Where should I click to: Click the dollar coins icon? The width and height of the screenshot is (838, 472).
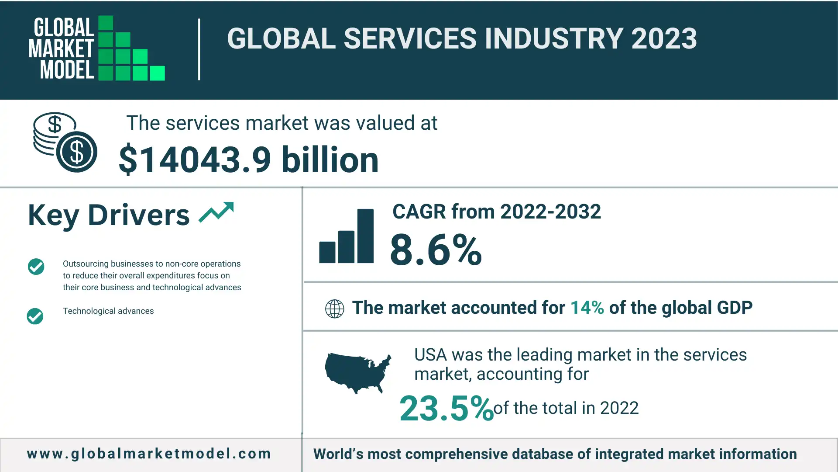click(x=65, y=142)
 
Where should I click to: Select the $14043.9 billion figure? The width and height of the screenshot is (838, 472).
click(x=248, y=160)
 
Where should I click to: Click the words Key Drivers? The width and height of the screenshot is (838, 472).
click(x=109, y=215)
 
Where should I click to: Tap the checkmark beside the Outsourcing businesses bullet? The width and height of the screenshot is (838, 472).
click(x=36, y=267)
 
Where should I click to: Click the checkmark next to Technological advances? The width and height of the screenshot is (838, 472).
click(x=35, y=316)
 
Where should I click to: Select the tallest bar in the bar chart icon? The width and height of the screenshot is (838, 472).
click(x=365, y=236)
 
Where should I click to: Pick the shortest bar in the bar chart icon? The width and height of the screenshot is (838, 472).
click(x=327, y=252)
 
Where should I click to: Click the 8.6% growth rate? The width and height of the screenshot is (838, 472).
click(x=436, y=250)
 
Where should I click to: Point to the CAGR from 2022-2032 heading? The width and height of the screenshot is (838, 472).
click(x=496, y=212)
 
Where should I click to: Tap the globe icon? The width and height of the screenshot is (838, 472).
click(x=335, y=309)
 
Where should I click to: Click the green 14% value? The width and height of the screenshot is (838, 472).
click(x=587, y=308)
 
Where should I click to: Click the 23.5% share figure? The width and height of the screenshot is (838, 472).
click(x=446, y=408)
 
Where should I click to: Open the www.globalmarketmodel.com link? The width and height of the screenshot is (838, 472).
click(x=149, y=454)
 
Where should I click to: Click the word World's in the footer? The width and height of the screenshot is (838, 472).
click(x=338, y=454)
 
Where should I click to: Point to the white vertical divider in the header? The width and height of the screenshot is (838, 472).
click(x=199, y=49)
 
